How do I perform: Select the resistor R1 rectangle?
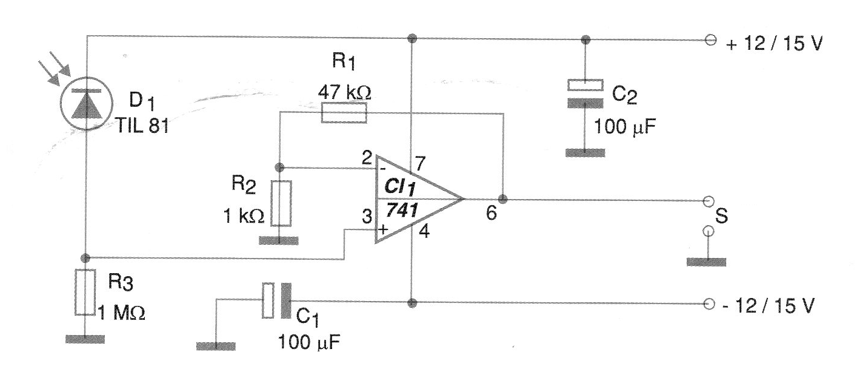point(344,113)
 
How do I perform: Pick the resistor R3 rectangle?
point(85,292)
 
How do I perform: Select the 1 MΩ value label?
point(123,313)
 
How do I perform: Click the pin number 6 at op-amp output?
point(492,215)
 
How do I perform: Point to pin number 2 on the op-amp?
point(366,159)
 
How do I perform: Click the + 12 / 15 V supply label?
point(773,44)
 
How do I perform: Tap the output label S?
point(721,216)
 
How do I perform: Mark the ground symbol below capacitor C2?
point(585,153)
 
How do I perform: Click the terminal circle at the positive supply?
point(710,40)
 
